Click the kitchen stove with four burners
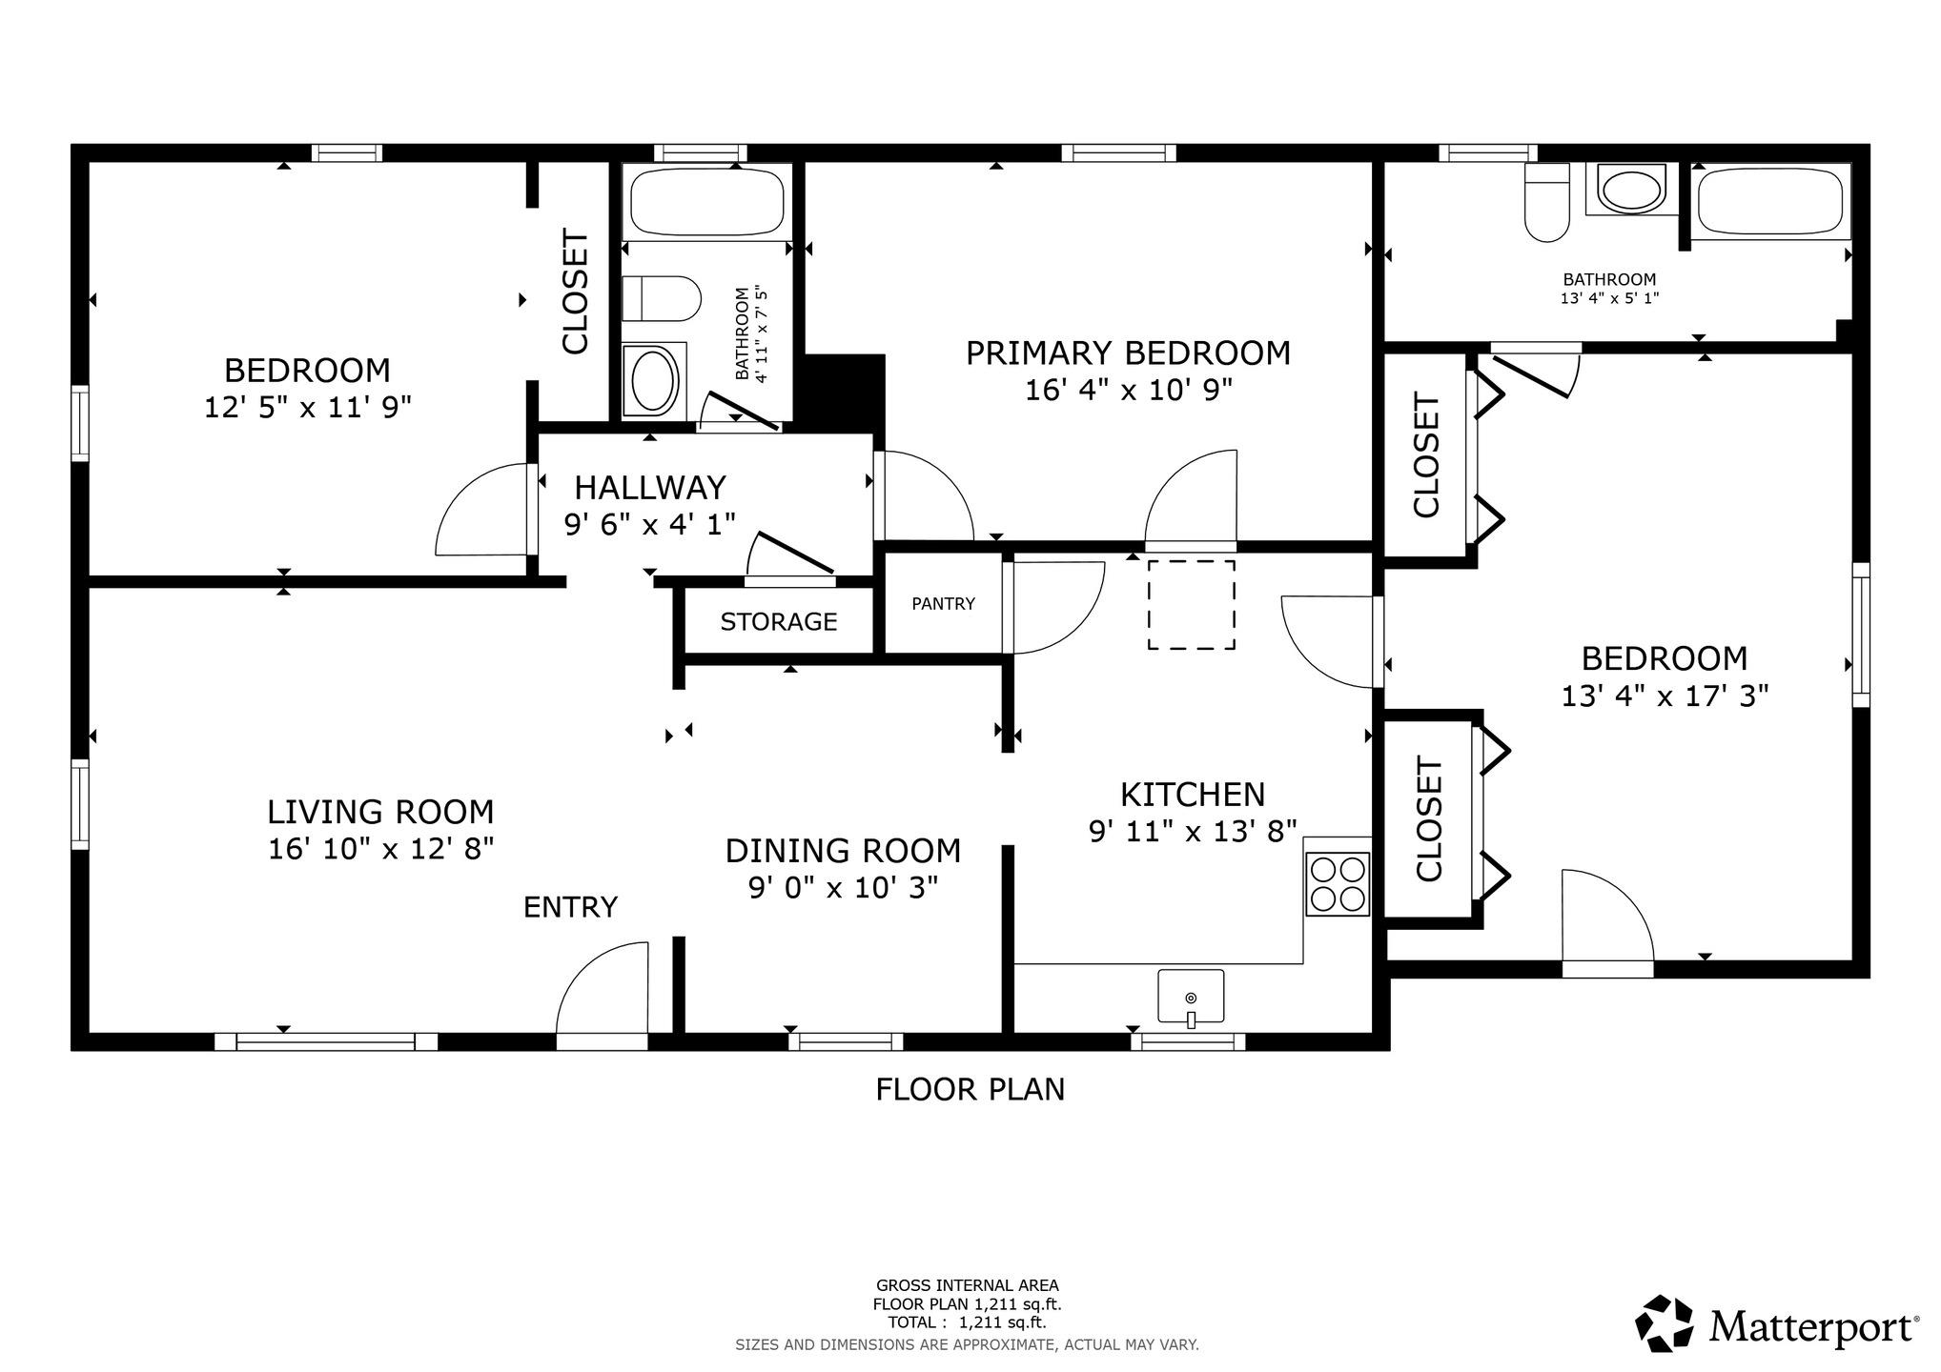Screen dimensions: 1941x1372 pyautogui.click(x=1338, y=884)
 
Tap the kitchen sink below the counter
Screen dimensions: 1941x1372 pyautogui.click(x=1191, y=998)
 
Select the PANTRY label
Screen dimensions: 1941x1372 pyautogui.click(x=943, y=603)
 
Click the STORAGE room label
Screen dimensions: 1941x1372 pyautogui.click(x=779, y=621)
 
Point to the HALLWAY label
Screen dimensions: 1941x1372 pyautogui.click(x=650, y=488)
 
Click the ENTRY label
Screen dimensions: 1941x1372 pyautogui.click(x=570, y=907)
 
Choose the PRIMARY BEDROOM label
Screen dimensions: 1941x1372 pyautogui.click(x=1128, y=353)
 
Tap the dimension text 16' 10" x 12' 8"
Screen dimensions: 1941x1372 pyautogui.click(x=380, y=848)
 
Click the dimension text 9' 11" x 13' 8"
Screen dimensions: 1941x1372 pyautogui.click(x=1193, y=831)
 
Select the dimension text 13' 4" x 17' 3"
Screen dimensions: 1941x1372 pyautogui.click(x=1665, y=696)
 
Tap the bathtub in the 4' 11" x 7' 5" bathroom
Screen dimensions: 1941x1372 pyautogui.click(x=706, y=202)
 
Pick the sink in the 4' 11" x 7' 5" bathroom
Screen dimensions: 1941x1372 pyautogui.click(x=654, y=380)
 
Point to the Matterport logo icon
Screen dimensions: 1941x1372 pyautogui.click(x=1665, y=1323)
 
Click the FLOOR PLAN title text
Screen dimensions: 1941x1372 pyautogui.click(x=970, y=1089)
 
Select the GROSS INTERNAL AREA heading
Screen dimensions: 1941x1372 pyautogui.click(x=967, y=1285)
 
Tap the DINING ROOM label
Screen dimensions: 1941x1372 pyautogui.click(x=843, y=850)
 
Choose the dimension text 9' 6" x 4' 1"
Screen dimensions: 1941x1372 pyautogui.click(x=650, y=524)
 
